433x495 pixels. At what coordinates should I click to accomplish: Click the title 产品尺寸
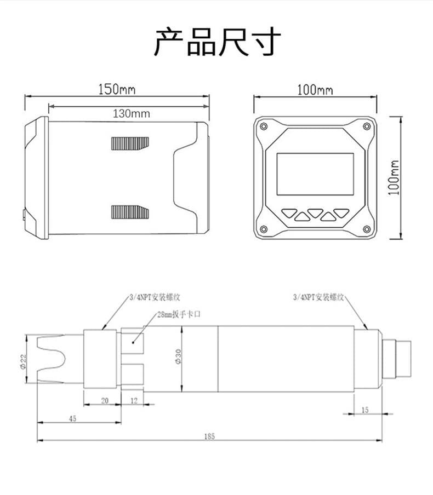217,43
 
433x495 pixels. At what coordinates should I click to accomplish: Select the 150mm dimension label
117,89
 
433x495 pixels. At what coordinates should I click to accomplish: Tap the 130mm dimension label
131,114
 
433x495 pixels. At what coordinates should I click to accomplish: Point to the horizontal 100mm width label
315,90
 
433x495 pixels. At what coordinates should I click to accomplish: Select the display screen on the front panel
315,174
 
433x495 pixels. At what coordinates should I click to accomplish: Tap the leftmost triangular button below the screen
289,211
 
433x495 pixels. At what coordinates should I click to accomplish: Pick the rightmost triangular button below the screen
341,211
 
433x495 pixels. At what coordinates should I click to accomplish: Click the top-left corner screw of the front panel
264,126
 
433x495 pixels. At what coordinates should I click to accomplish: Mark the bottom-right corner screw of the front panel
366,229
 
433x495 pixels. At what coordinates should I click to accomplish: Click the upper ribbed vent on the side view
129,143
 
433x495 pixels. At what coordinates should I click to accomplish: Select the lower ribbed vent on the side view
129,211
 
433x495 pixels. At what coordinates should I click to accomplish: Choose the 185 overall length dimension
209,436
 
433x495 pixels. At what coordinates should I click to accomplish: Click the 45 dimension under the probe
73,418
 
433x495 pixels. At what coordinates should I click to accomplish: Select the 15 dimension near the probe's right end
365,410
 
